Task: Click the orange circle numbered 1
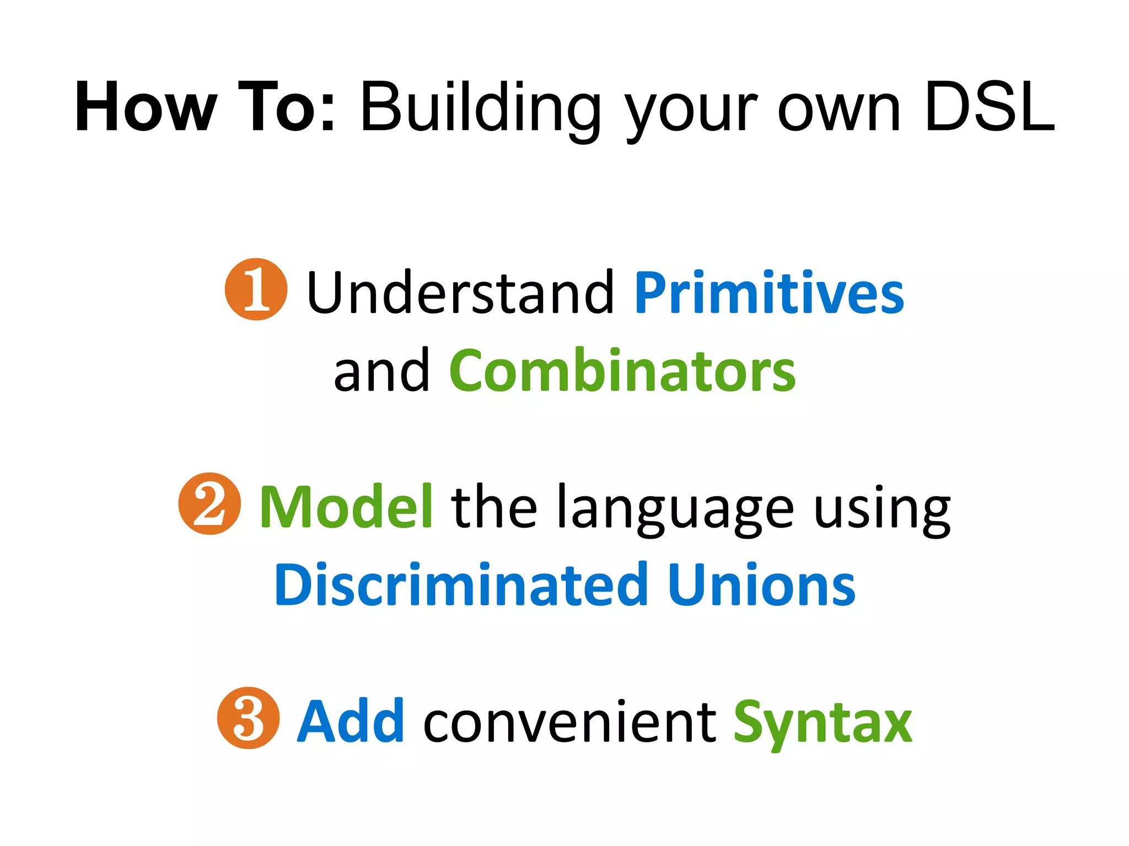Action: pos(256,289)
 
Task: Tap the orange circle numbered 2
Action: pos(209,503)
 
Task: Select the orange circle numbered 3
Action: pos(248,718)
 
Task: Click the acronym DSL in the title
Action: pos(990,107)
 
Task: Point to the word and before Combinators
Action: pos(381,372)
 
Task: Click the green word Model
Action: pos(346,507)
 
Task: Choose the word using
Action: pos(882,509)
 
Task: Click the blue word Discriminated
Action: pos(461,585)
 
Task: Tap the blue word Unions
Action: pos(761,585)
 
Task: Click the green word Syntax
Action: pos(822,723)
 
